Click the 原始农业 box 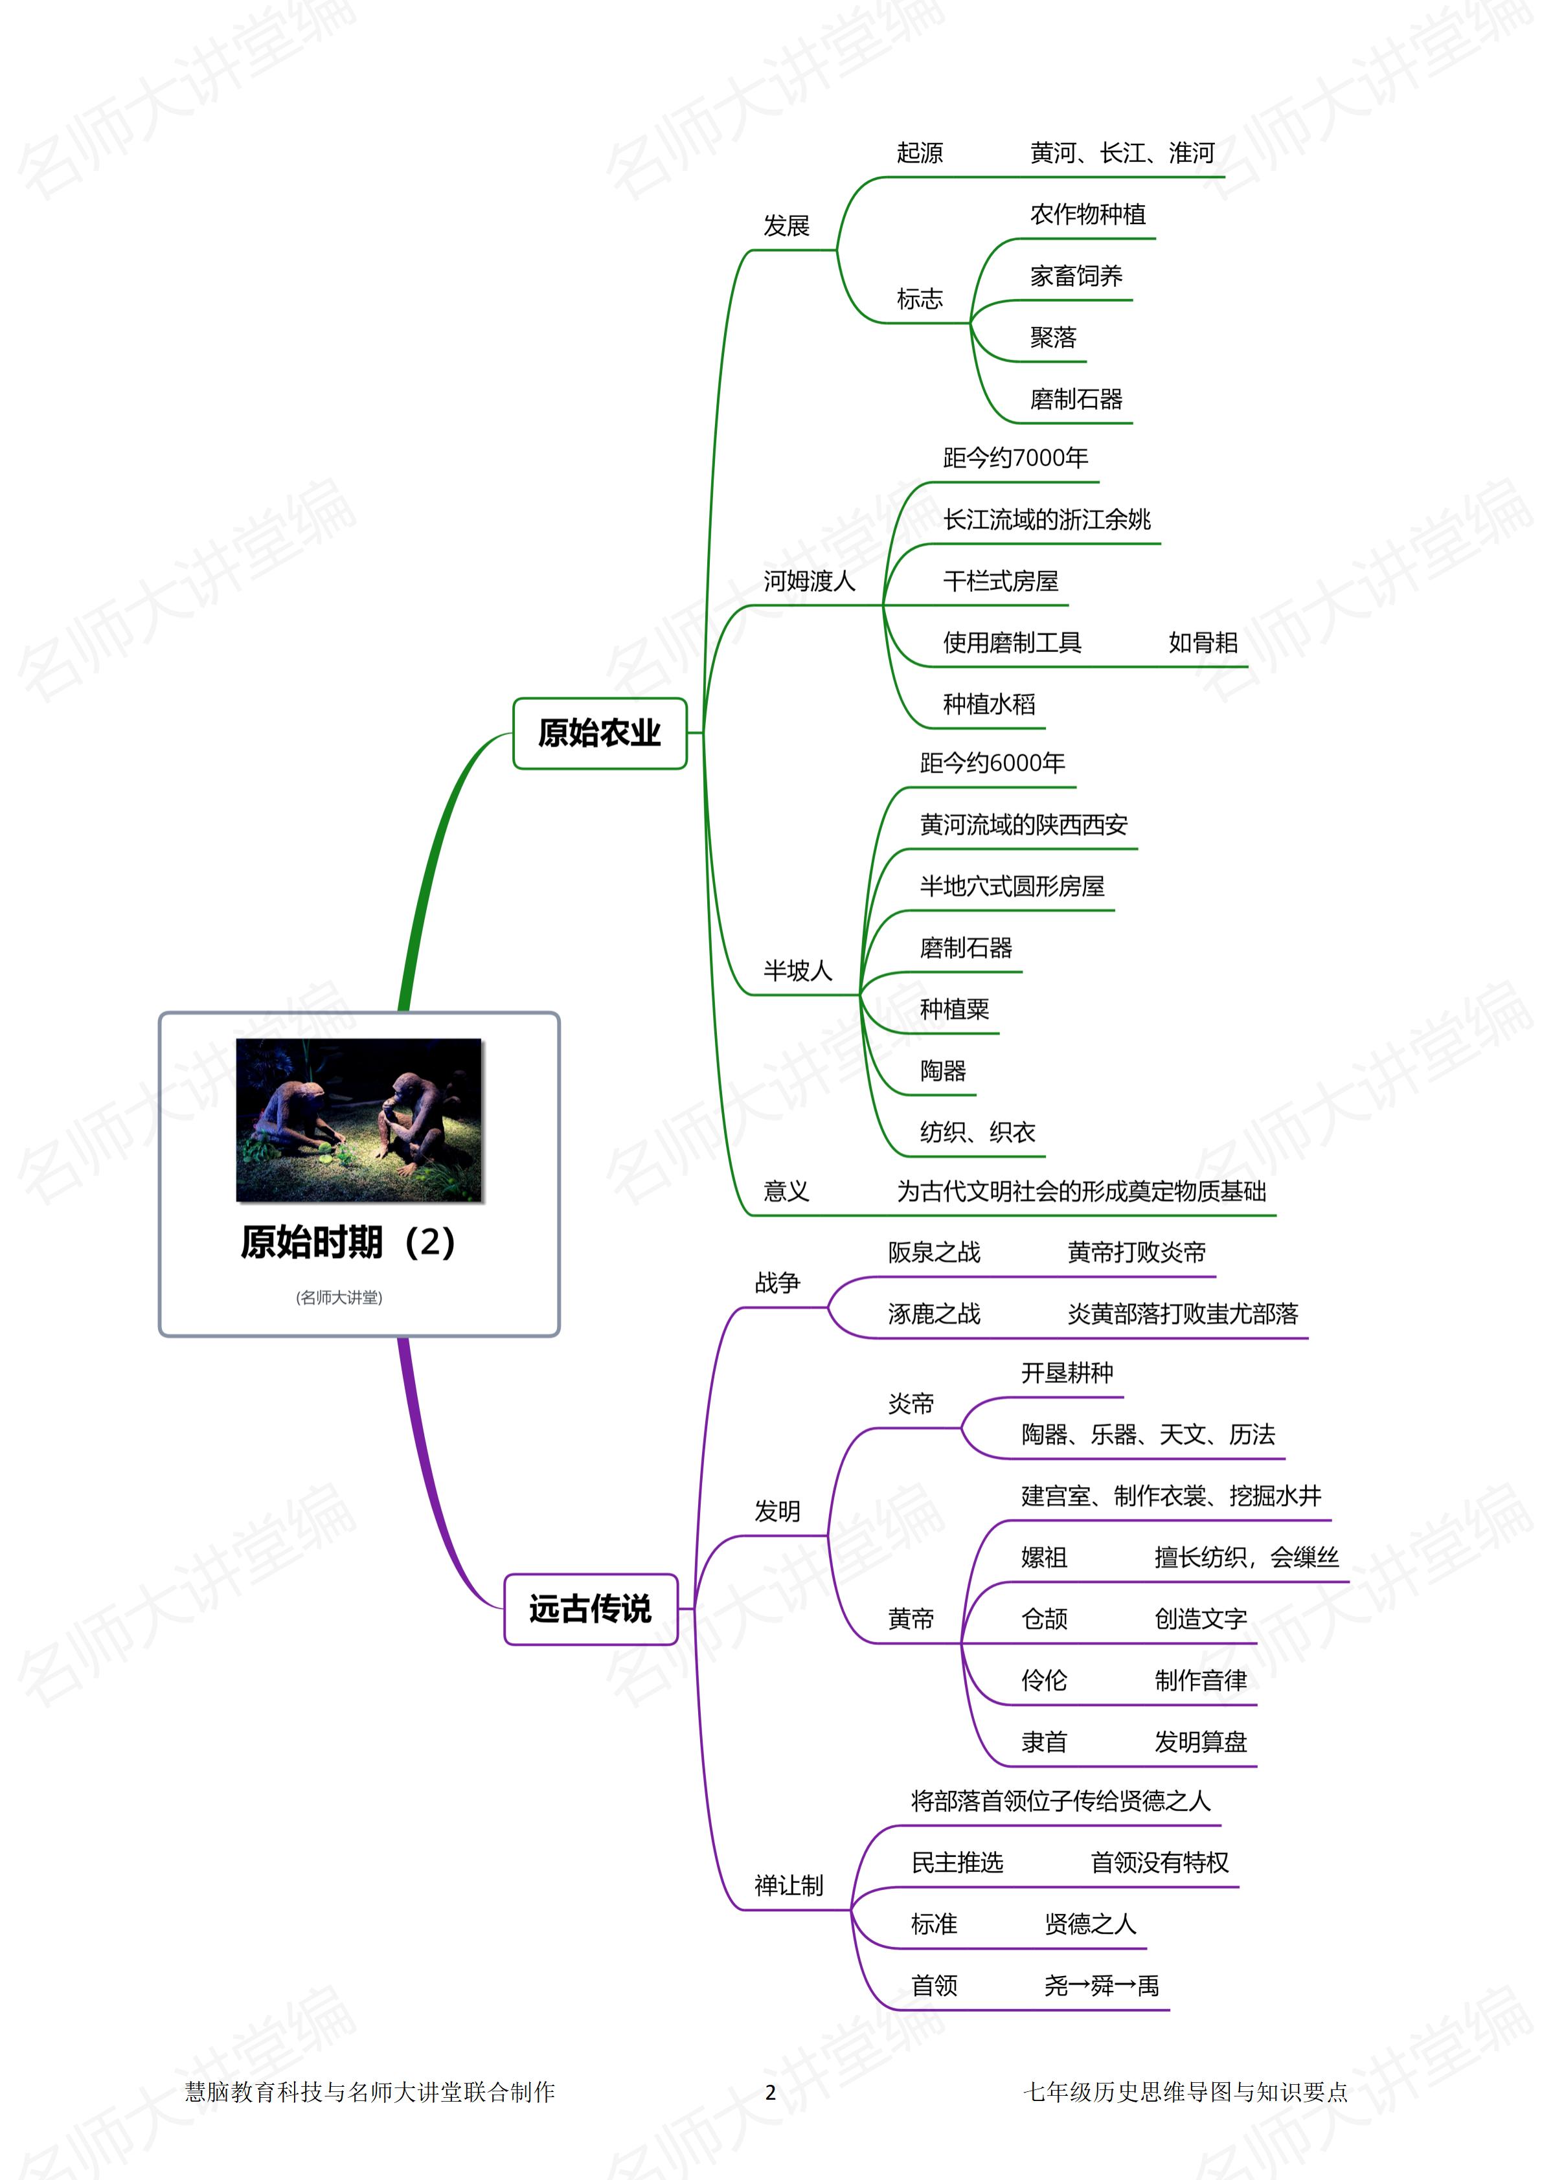click(599, 733)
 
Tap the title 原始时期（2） click(348, 1242)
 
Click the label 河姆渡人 click(809, 581)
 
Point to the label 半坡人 click(798, 971)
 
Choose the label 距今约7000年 click(1015, 458)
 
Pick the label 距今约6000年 click(992, 763)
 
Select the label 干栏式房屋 click(1000, 581)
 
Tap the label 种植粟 click(954, 1009)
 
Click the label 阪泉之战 click(933, 1252)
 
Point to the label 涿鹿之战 click(933, 1314)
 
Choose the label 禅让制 click(788, 1885)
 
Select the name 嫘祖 click(1043, 1557)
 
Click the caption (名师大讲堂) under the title click(339, 1297)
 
